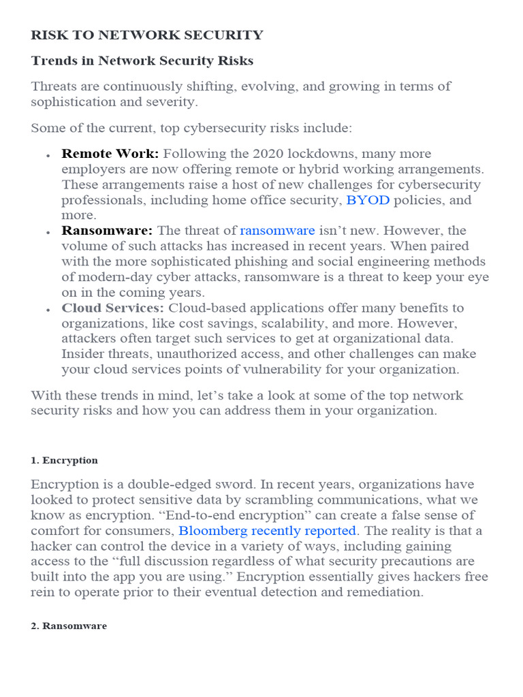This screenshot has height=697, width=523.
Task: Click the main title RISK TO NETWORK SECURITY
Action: (x=147, y=35)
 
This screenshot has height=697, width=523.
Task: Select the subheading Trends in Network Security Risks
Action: (x=142, y=61)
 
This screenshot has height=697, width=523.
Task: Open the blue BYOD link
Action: (x=368, y=200)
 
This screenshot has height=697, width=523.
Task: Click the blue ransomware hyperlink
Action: (x=277, y=231)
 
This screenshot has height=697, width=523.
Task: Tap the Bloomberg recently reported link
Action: (x=268, y=531)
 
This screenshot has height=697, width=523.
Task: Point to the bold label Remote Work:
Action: (x=110, y=154)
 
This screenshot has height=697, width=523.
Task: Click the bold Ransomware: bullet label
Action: (x=108, y=231)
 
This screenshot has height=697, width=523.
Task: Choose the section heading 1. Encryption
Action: (x=64, y=461)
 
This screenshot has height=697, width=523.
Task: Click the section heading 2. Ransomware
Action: (x=69, y=626)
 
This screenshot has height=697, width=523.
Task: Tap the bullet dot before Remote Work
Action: (x=48, y=156)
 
